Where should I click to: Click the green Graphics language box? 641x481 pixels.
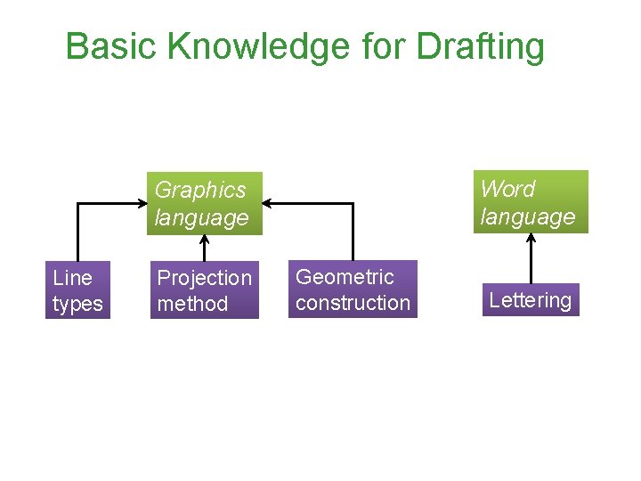coord(205,203)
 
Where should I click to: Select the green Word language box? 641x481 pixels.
coord(531,202)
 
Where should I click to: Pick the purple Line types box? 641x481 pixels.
coord(78,290)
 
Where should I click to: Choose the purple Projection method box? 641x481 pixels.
coord(205,290)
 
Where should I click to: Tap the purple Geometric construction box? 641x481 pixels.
coord(353,289)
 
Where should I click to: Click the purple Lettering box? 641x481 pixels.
coord(531,300)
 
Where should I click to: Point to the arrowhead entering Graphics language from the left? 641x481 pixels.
coord(142,204)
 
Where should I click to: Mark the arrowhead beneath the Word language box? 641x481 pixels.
coord(531,239)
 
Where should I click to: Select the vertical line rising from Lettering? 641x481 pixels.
coord(531,260)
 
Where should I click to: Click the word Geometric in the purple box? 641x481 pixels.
coord(345,277)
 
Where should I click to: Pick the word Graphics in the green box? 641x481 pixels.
coord(200,190)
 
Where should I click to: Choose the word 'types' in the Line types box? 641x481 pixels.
coord(77,304)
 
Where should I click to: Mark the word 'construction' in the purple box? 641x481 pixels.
coord(353,303)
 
